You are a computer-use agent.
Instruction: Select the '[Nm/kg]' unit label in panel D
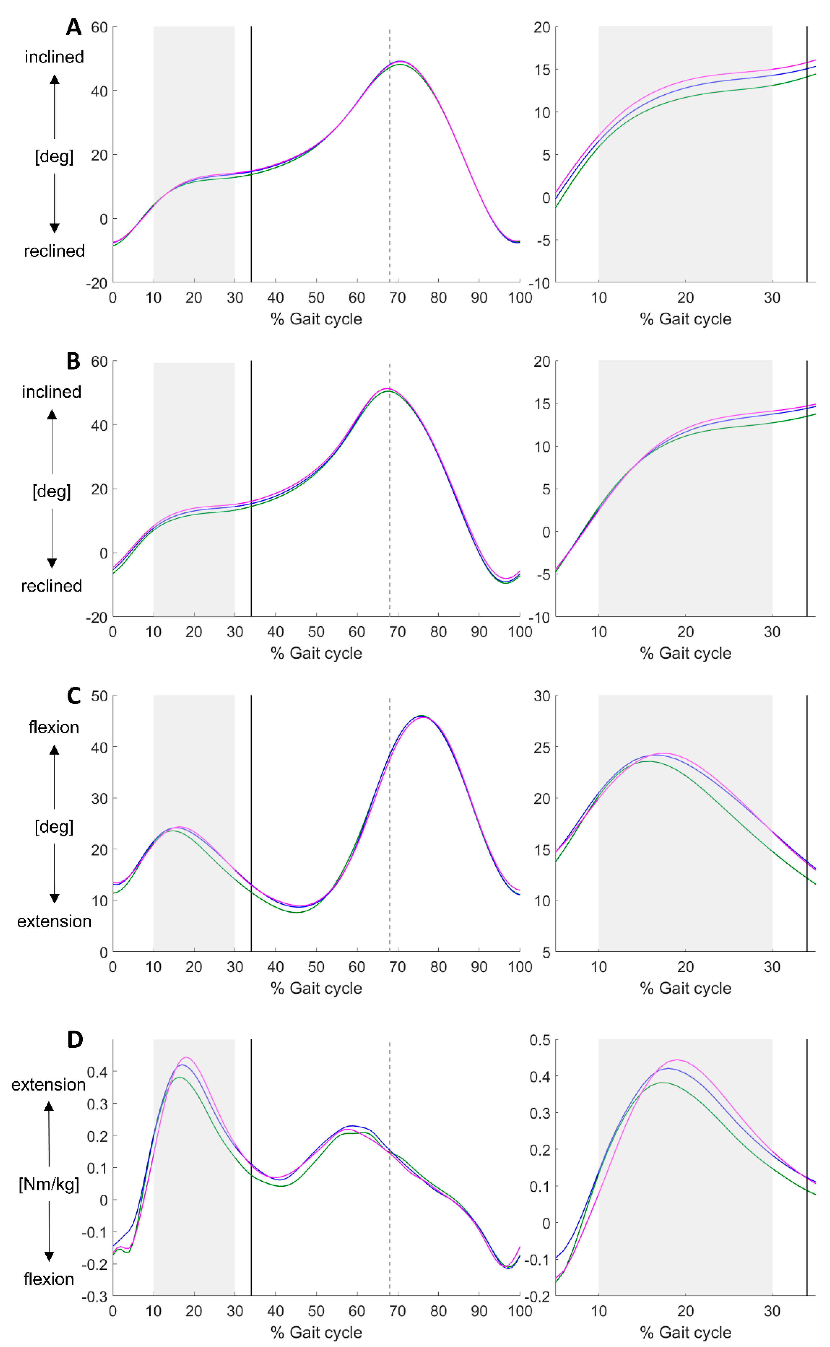49,1184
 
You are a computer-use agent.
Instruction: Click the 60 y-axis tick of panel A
99,28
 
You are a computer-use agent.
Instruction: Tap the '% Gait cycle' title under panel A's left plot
316,319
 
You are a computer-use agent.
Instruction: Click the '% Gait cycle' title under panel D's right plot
686,1332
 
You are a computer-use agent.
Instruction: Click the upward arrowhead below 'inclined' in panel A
54,80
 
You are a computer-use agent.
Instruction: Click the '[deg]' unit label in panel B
52,492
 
